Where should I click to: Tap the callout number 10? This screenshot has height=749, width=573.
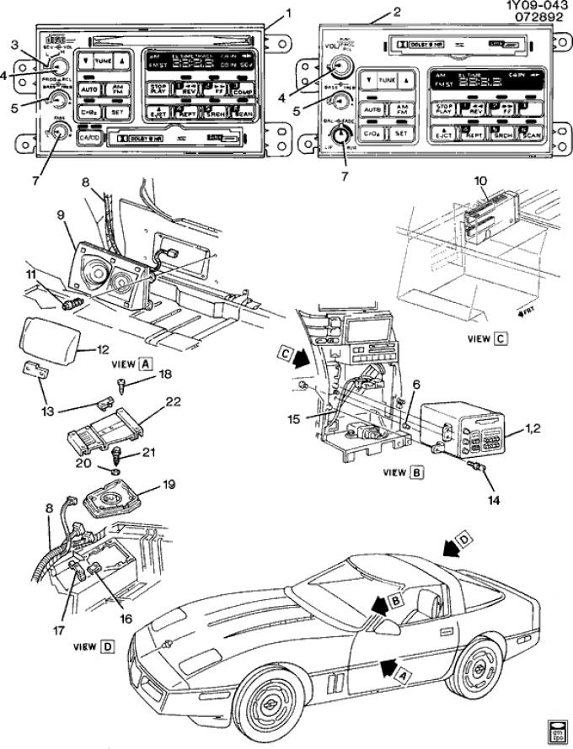(x=481, y=181)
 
